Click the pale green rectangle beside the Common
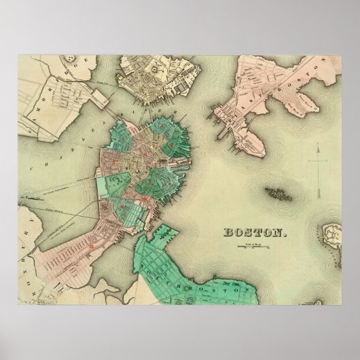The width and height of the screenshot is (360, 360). (x=102, y=184)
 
